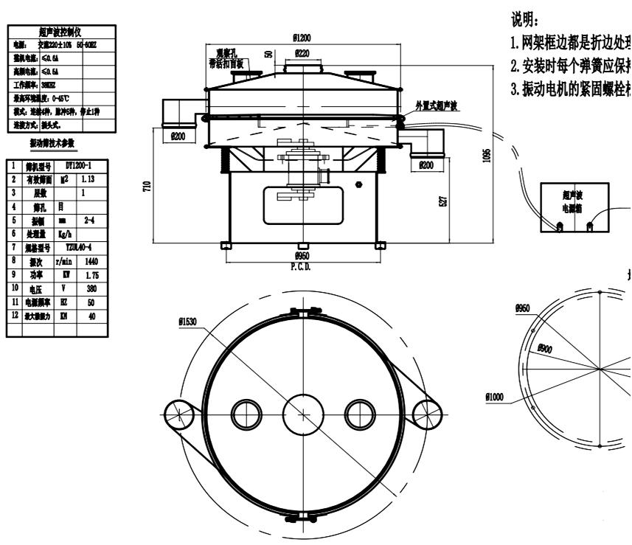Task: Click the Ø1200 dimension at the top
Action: (302, 36)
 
